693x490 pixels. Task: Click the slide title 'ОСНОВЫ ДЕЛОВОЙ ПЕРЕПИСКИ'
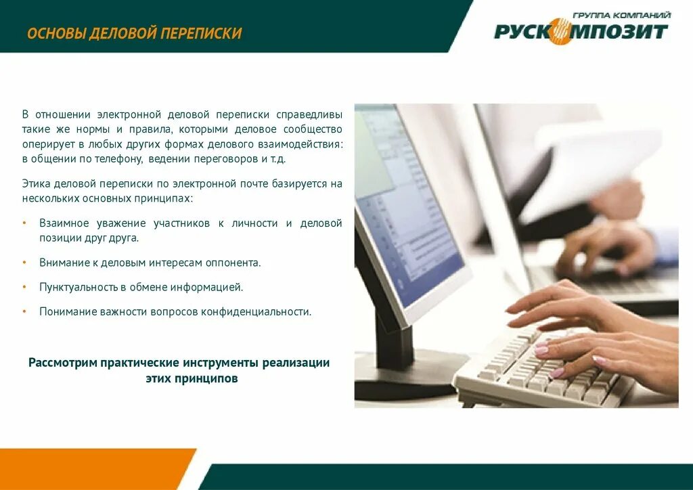point(134,33)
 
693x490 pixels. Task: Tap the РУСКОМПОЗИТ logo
point(581,31)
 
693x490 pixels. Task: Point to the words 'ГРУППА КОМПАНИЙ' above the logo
point(621,14)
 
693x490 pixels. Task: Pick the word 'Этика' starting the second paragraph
point(35,183)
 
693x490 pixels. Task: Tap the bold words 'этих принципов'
point(192,379)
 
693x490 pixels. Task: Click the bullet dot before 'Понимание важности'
point(24,312)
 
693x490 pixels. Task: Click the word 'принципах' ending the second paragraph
point(162,199)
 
